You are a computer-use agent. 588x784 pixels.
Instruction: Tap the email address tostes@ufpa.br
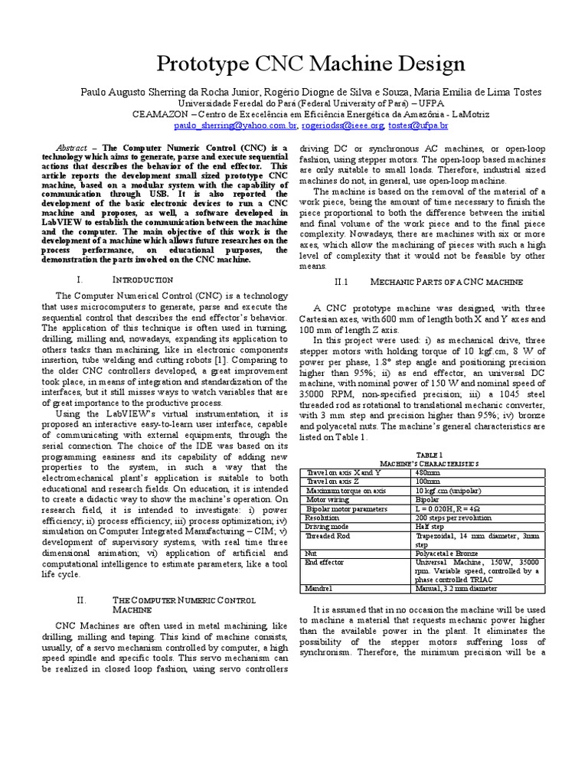click(417, 124)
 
